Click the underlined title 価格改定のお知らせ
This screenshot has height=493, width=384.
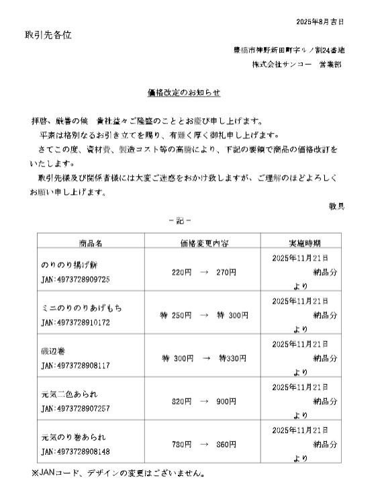coord(184,93)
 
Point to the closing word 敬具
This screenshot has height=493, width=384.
coord(336,206)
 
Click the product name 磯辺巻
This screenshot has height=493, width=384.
coord(53,351)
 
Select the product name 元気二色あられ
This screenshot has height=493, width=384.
coord(70,394)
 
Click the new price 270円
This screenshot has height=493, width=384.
coord(226,272)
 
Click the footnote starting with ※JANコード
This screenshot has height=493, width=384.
coord(117,473)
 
